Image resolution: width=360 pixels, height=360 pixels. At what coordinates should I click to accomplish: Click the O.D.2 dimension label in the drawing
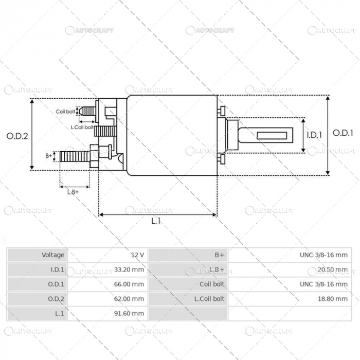(16, 136)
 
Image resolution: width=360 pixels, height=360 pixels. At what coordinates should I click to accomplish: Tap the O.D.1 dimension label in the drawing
(343, 133)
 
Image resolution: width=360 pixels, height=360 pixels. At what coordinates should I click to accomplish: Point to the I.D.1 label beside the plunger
(314, 135)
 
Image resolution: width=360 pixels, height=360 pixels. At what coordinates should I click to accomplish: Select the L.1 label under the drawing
(156, 221)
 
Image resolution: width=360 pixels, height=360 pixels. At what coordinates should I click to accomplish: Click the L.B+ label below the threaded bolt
(73, 192)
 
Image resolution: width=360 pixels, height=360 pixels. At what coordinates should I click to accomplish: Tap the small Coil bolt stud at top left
(88, 111)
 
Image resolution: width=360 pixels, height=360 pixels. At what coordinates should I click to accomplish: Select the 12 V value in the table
(137, 255)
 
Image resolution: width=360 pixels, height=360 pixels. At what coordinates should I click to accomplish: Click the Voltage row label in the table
(53, 255)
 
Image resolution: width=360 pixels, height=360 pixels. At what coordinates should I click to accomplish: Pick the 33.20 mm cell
(131, 269)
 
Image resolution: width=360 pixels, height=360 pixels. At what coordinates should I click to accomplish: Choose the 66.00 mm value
(131, 283)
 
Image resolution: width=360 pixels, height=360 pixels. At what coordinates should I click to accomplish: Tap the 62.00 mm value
(131, 298)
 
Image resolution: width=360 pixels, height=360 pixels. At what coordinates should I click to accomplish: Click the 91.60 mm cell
(131, 313)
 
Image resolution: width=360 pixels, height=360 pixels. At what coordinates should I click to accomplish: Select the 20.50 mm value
(334, 269)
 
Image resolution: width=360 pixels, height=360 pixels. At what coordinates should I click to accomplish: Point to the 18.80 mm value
(334, 298)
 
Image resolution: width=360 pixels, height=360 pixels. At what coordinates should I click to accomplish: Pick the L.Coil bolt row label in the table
(209, 298)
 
